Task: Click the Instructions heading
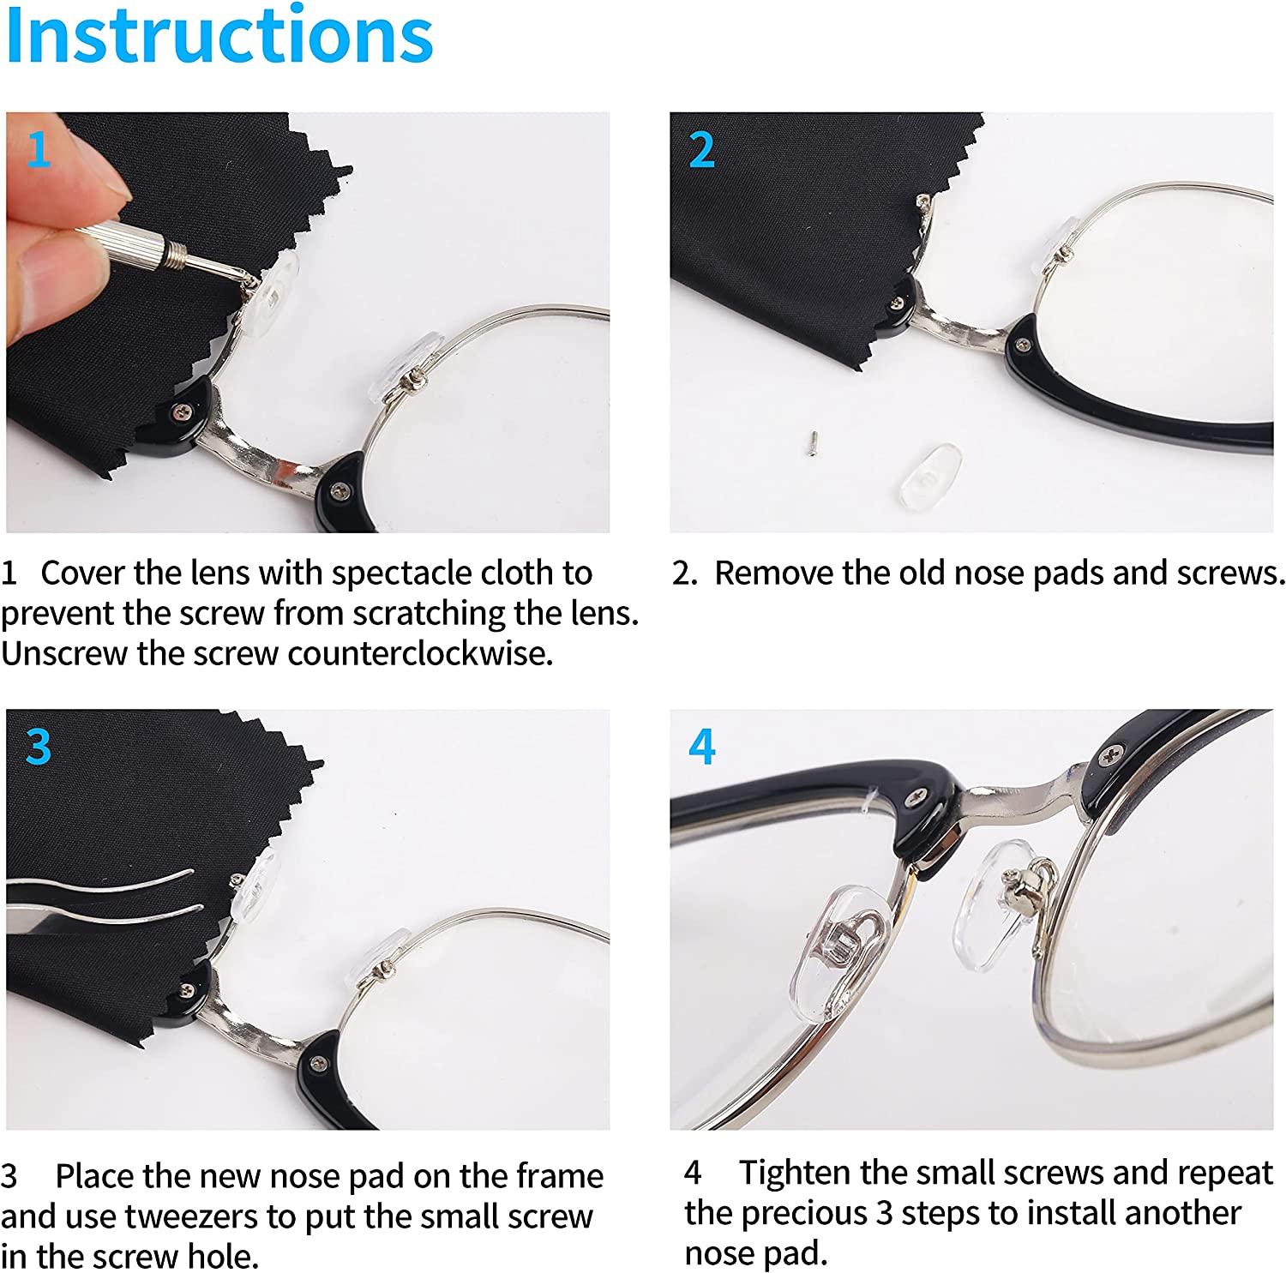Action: [219, 36]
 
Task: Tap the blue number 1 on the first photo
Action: [39, 149]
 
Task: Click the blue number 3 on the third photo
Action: [39, 747]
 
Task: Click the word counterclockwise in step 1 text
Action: [420, 653]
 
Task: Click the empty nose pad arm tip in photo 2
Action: [922, 203]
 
